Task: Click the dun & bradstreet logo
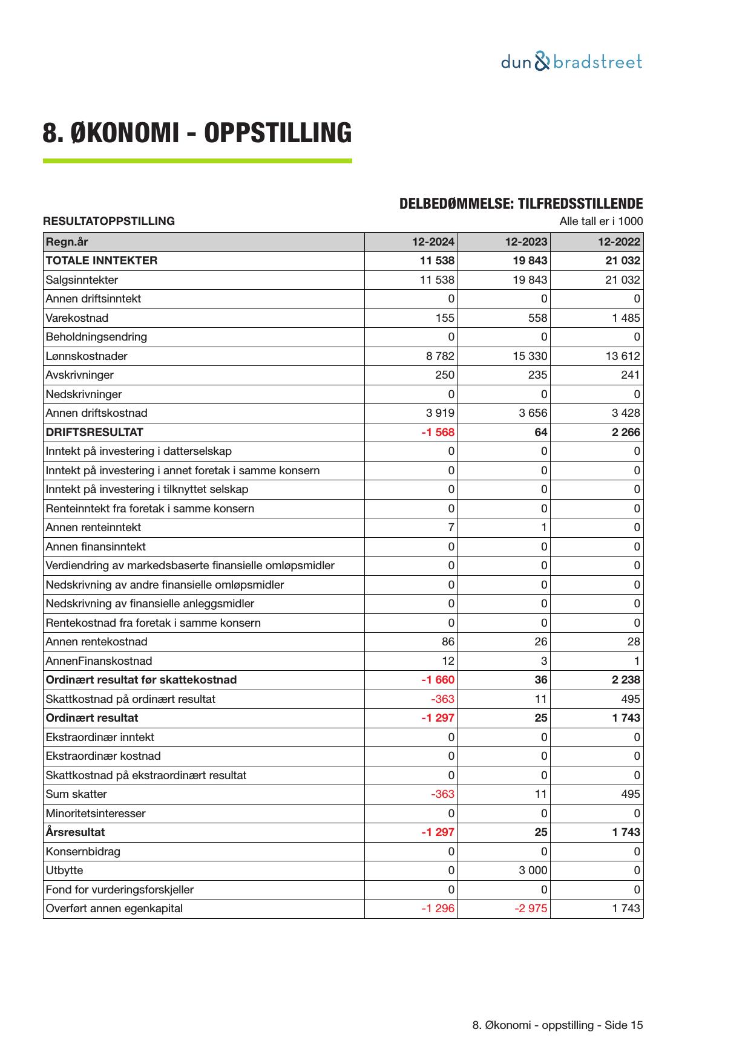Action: coord(571,62)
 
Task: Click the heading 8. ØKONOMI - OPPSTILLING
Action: coord(197,133)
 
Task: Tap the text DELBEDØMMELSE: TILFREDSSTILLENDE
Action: coord(520,204)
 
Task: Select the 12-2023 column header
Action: coord(526,242)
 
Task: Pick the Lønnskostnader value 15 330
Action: coord(530,356)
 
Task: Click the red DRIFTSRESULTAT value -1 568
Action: coord(438,433)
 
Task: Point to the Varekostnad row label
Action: coord(77,318)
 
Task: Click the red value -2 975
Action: coord(531,909)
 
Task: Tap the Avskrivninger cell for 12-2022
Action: coord(630,375)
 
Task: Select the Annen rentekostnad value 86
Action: coord(448,642)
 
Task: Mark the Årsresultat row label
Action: coord(75,832)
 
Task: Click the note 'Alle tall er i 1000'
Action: coord(601,221)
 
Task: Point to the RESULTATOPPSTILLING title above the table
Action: coord(109,221)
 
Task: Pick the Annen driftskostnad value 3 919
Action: coord(440,413)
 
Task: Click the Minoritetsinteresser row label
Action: coord(95,814)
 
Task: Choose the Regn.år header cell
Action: coord(67,242)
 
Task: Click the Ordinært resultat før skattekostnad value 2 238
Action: coord(626,680)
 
